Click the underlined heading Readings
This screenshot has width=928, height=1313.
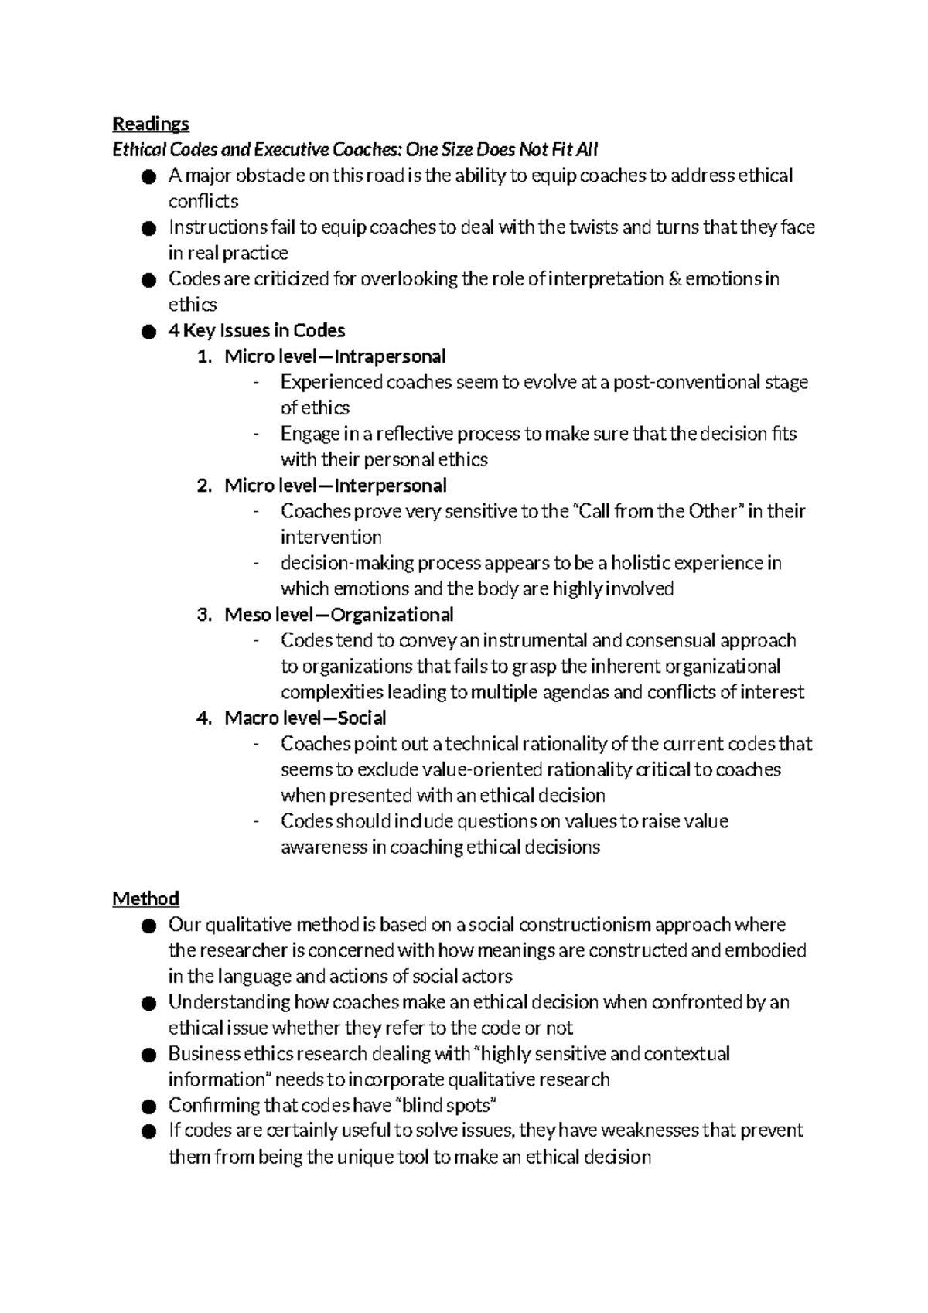click(150, 124)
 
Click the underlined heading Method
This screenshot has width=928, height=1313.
click(145, 899)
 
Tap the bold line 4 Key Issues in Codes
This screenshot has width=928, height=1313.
click(256, 331)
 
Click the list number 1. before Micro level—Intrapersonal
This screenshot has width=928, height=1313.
click(203, 356)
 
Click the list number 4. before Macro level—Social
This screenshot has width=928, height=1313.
click(203, 718)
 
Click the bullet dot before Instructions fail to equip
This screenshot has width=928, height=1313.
click(148, 228)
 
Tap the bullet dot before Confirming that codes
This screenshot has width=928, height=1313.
click(148, 1106)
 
